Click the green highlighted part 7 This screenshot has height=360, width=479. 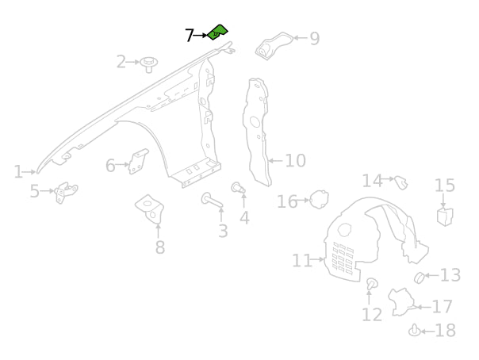tap(217, 32)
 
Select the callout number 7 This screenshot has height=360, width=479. tap(190, 36)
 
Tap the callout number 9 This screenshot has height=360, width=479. tap(314, 38)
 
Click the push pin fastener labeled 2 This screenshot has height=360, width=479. tap(148, 63)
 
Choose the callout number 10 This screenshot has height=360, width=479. tap(295, 161)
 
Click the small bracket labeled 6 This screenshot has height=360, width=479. tap(139, 162)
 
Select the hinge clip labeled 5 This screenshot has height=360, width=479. tap(66, 192)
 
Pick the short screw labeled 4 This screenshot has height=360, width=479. tap(236, 188)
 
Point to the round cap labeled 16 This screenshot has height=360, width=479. tap(319, 200)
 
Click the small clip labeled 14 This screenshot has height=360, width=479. tap(401, 183)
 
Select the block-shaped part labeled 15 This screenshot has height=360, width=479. tap(444, 215)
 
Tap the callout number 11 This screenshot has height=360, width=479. tap(301, 260)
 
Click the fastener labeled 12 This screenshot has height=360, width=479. tap(372, 284)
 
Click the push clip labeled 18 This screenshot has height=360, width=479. tap(414, 331)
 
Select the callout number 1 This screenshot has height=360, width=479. tap(18, 172)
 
